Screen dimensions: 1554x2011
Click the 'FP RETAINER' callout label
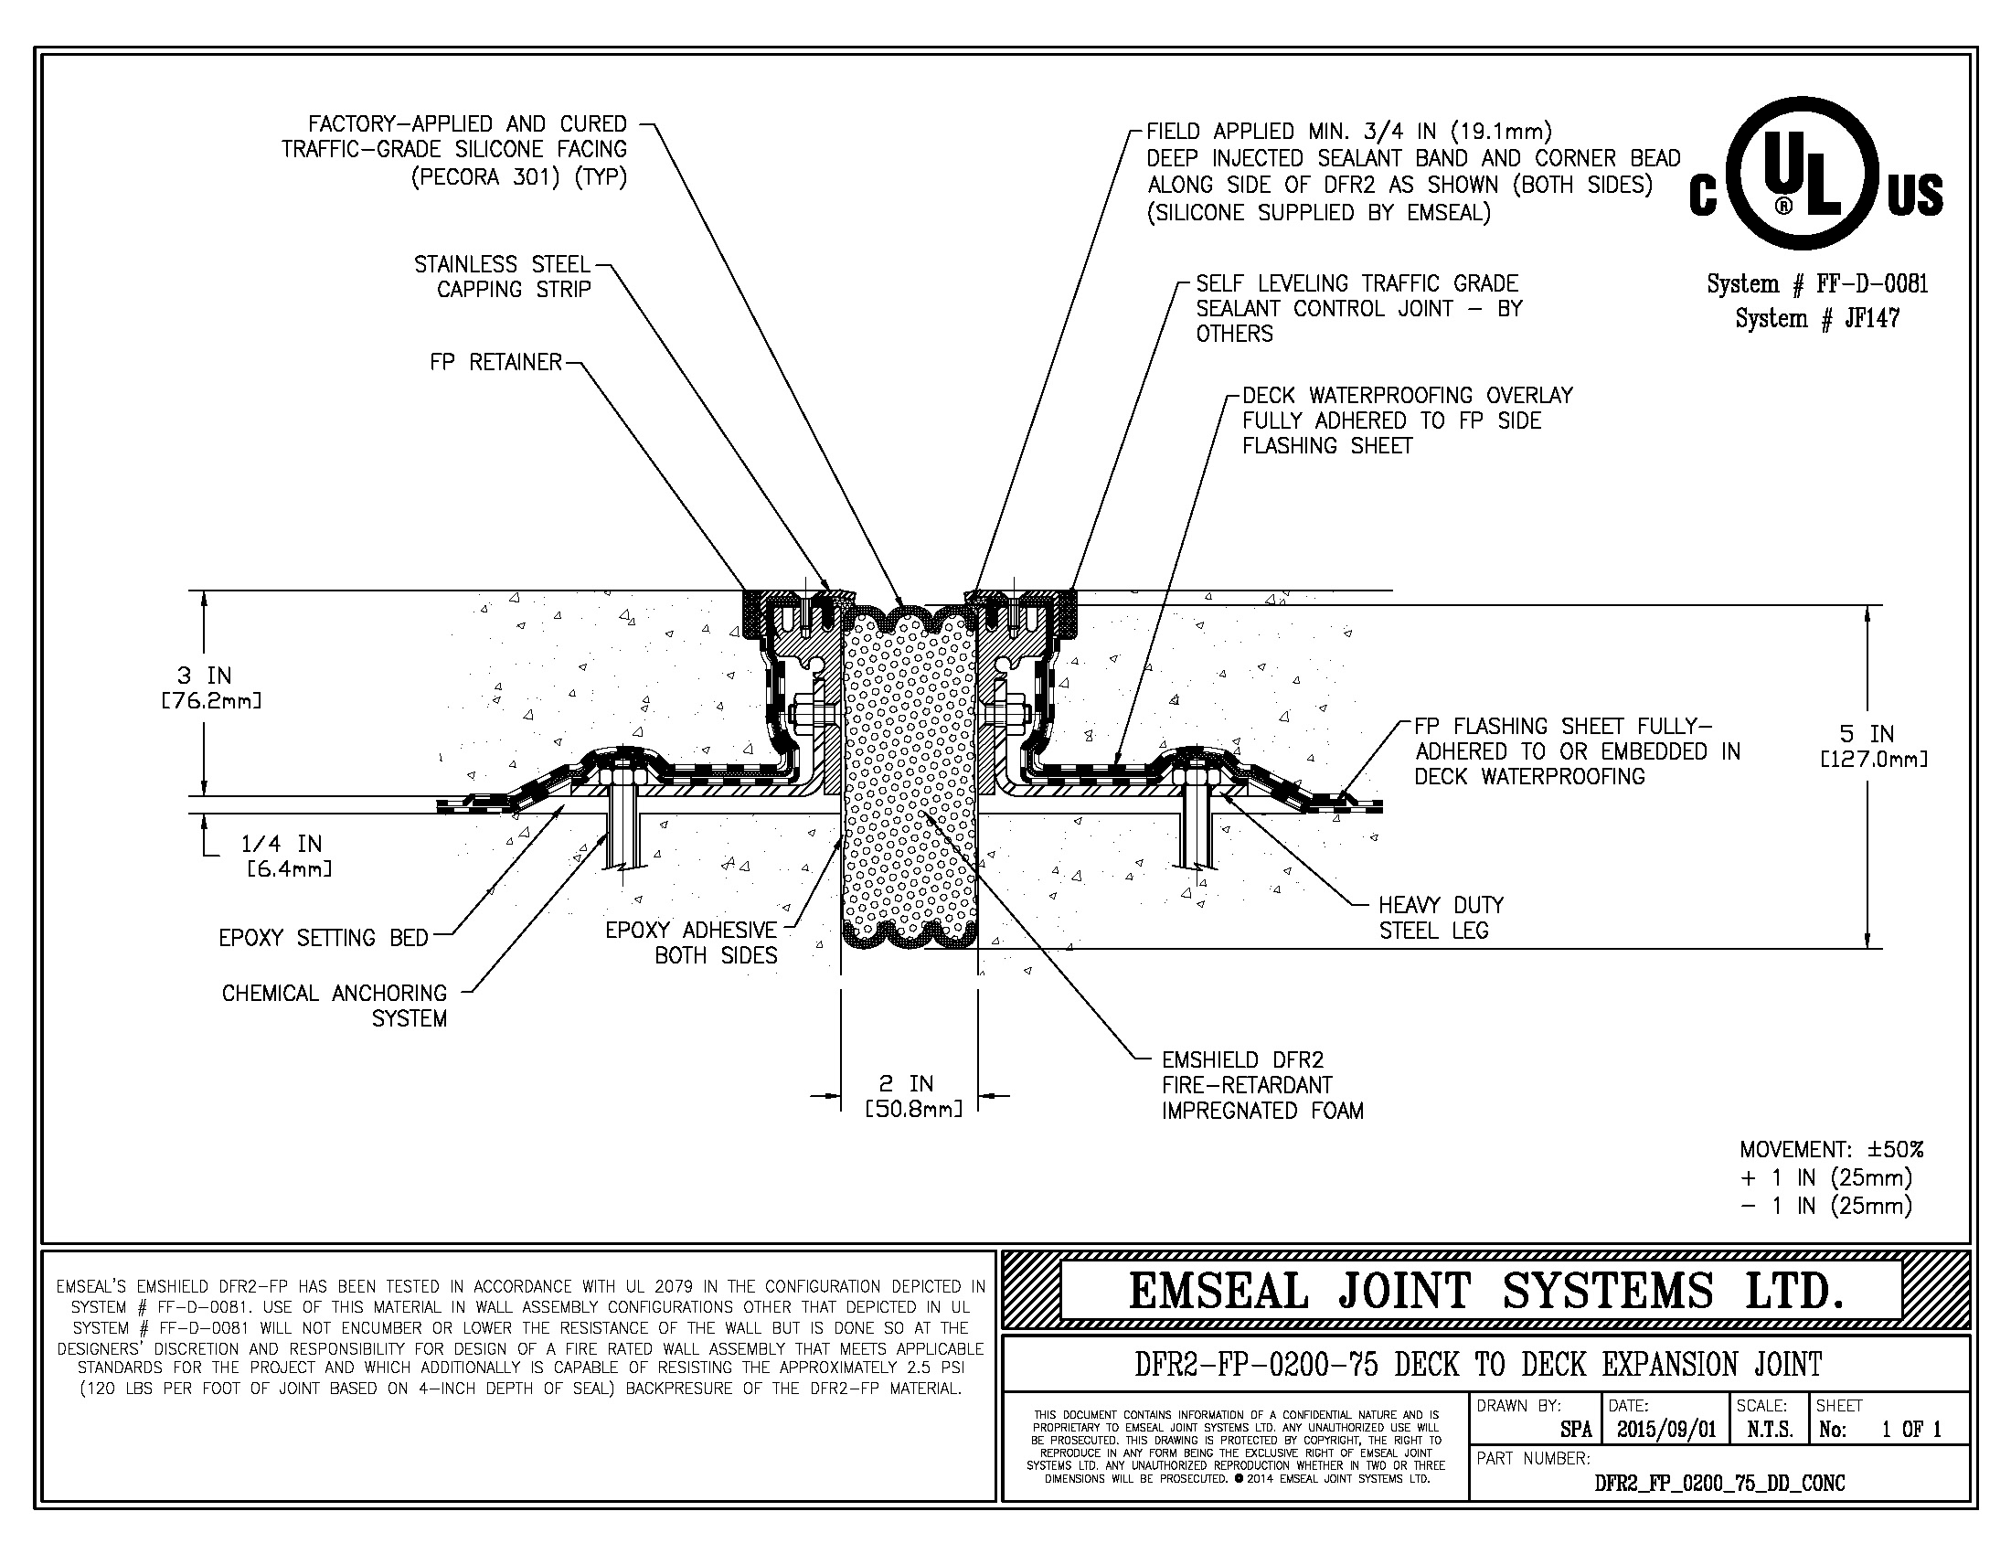(x=495, y=363)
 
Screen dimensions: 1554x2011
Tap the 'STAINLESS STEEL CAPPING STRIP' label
(x=502, y=277)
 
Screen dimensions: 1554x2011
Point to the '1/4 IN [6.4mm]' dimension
(x=286, y=856)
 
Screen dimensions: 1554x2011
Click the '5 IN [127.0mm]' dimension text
(x=1873, y=746)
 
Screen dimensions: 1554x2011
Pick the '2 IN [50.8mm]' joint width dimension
(x=912, y=1095)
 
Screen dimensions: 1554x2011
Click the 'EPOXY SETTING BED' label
(x=324, y=938)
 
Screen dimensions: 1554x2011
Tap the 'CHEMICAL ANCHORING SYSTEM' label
(x=335, y=1006)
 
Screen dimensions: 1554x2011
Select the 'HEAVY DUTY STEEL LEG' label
(x=1440, y=918)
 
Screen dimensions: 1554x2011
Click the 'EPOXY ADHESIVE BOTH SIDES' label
(x=692, y=942)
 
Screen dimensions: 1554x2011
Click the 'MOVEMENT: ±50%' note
(x=1831, y=1150)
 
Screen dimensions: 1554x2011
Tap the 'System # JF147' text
(x=1816, y=318)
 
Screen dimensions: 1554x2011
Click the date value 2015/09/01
(x=1665, y=1430)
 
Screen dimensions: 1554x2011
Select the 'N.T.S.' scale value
(x=1770, y=1430)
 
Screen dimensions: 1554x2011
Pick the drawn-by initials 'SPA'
(x=1576, y=1430)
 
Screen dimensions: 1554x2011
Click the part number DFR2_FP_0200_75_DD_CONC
(x=1719, y=1483)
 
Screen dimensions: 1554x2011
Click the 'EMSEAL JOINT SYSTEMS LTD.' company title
(x=1486, y=1291)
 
